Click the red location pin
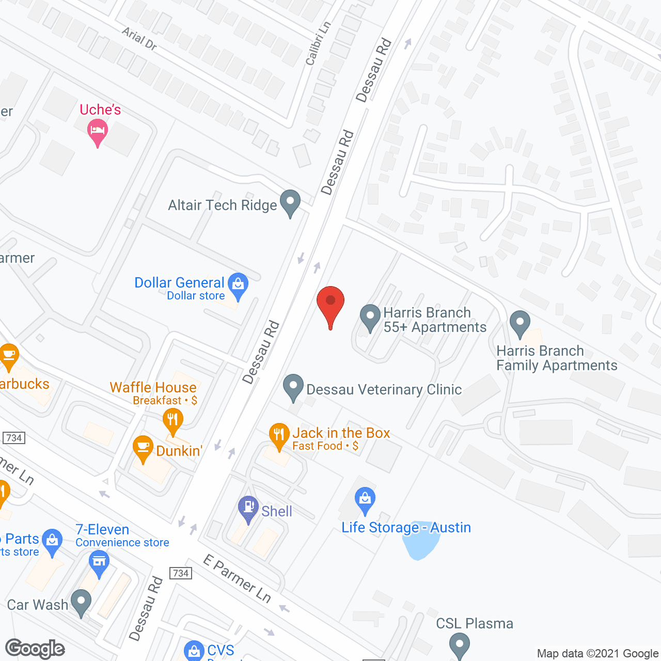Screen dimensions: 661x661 pos(330,302)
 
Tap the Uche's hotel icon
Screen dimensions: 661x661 pos(98,130)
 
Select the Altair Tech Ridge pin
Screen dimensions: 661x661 pos(290,202)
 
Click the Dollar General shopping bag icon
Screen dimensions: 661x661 pos(238,285)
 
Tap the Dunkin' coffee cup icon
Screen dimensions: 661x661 pos(143,448)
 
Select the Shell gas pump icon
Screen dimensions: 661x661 pos(248,507)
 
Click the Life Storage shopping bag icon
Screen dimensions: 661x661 pos(365,499)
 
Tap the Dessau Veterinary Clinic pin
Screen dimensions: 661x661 pos(293,386)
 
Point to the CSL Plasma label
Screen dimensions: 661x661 pos(475,623)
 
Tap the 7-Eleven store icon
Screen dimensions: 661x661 pos(99,561)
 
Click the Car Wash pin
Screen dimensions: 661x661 pos(81,602)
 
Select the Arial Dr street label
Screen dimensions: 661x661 pos(139,39)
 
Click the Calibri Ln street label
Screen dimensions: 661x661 pos(318,44)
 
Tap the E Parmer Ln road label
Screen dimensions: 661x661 pos(237,578)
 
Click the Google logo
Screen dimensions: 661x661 pos(35,649)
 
